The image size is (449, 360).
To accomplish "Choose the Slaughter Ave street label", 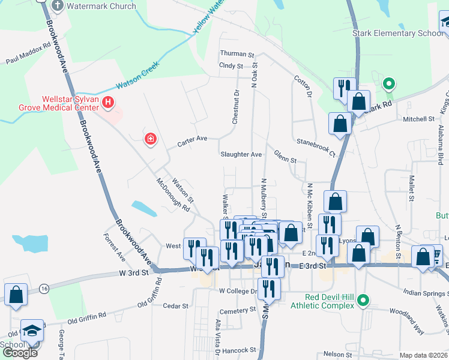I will tap(241, 154).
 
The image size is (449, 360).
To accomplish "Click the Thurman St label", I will tap(238, 53).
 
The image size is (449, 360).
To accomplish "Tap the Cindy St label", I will tap(231, 65).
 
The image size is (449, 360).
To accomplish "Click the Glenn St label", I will tap(286, 160).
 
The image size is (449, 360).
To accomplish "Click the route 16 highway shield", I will tap(44, 289).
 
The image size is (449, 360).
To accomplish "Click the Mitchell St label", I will tap(418, 119).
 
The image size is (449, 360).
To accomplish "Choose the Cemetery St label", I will tap(237, 310).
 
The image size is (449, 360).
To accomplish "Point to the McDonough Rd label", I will tap(173, 196).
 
